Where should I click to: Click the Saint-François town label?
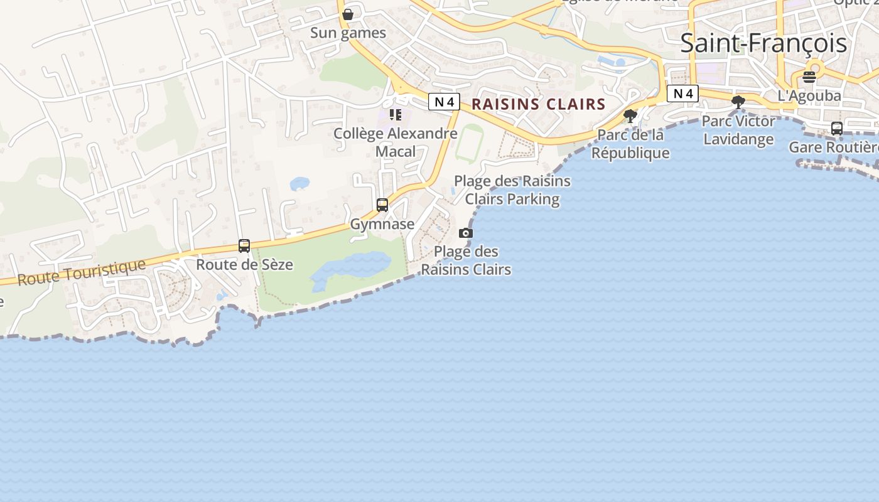[x=763, y=43]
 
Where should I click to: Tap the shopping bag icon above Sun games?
[x=347, y=14]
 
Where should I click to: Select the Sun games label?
[x=348, y=33]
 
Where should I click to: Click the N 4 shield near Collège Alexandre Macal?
[x=444, y=102]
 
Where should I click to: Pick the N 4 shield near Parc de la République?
[x=682, y=93]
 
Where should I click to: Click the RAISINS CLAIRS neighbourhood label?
[x=538, y=104]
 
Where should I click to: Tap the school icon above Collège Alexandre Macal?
[x=395, y=114]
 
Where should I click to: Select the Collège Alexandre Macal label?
[x=395, y=142]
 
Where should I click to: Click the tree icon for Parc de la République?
[x=630, y=115]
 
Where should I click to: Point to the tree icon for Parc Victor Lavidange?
[x=738, y=102]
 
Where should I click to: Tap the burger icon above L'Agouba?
[x=809, y=77]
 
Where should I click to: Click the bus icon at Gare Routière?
[x=836, y=129]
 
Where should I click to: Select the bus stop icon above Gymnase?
[x=382, y=205]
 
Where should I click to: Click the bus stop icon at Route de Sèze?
[x=244, y=246]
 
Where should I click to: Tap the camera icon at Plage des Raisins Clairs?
[x=465, y=233]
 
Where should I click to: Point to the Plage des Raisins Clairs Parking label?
[x=512, y=190]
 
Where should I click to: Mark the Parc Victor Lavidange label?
[x=738, y=130]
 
